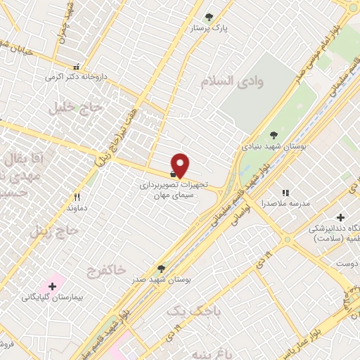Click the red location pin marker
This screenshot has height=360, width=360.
pos(181,165)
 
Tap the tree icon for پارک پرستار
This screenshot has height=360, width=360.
pos(208,17)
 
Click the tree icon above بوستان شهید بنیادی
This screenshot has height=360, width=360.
pos(274,135)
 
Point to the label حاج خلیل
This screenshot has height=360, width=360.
pos(76,108)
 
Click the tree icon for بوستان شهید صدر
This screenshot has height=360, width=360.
pos(162,268)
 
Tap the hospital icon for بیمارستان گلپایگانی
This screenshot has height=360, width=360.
pos(51,286)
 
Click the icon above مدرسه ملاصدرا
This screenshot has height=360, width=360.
pos(285,192)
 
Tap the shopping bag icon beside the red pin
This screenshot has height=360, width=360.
pos(173,173)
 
